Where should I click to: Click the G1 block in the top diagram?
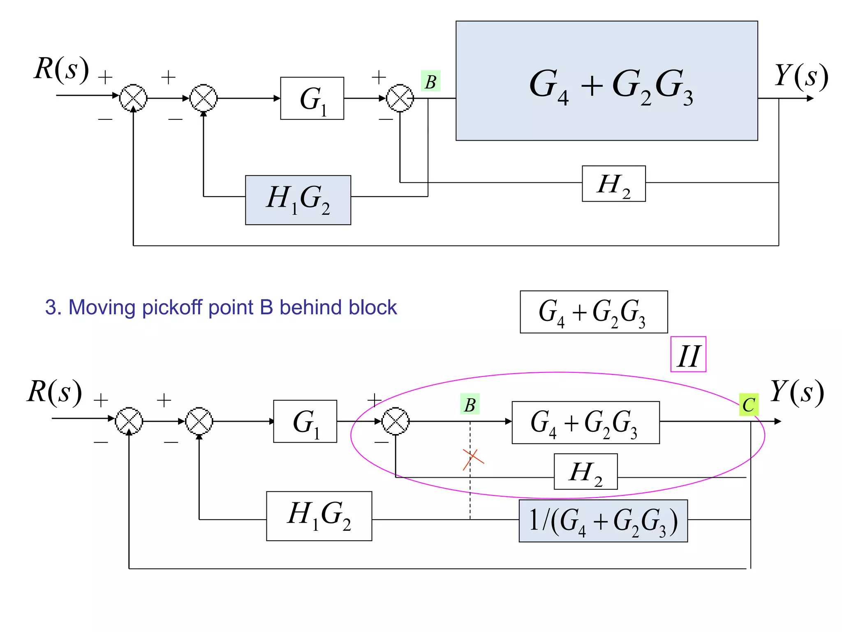[312, 98]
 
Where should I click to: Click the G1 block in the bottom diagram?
[305, 421]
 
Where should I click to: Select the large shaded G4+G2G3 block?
[606, 81]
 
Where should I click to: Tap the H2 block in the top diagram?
[613, 184]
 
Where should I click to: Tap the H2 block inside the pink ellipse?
[585, 472]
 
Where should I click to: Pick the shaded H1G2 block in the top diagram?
[298, 200]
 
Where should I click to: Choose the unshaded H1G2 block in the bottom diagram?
[319, 516]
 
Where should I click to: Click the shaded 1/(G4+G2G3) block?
[603, 521]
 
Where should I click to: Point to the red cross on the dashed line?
[473, 459]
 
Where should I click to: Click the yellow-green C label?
[749, 405]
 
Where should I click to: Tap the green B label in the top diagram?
[430, 81]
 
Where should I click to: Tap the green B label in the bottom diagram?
[470, 404]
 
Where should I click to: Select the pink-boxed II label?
[688, 355]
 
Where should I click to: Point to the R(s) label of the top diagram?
[61, 69]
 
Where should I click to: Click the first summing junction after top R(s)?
[133, 98]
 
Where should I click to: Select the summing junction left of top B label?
[400, 98]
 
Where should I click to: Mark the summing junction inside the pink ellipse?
[396, 421]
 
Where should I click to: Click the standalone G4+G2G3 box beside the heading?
[594, 312]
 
